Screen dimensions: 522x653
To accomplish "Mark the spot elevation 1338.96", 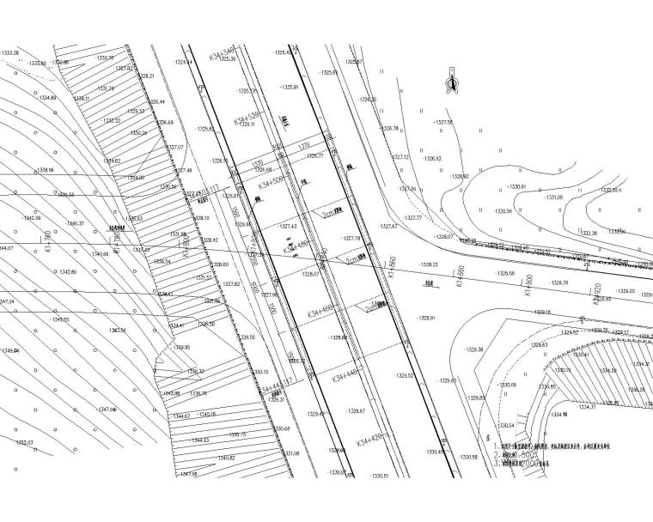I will (42, 171).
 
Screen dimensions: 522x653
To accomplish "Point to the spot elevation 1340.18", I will (205, 415).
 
